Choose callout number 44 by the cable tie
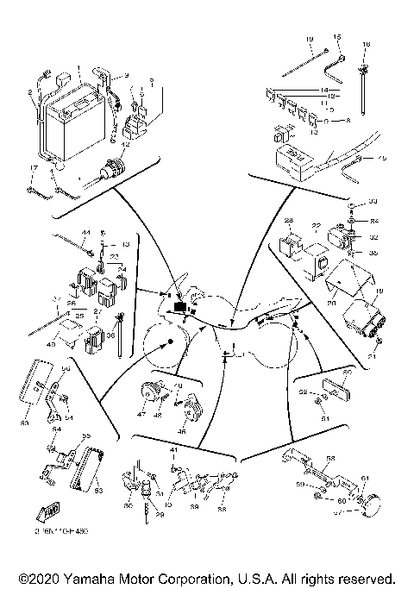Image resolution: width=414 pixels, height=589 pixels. coord(85,233)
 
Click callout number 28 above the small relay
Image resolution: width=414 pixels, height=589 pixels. coord(290,221)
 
